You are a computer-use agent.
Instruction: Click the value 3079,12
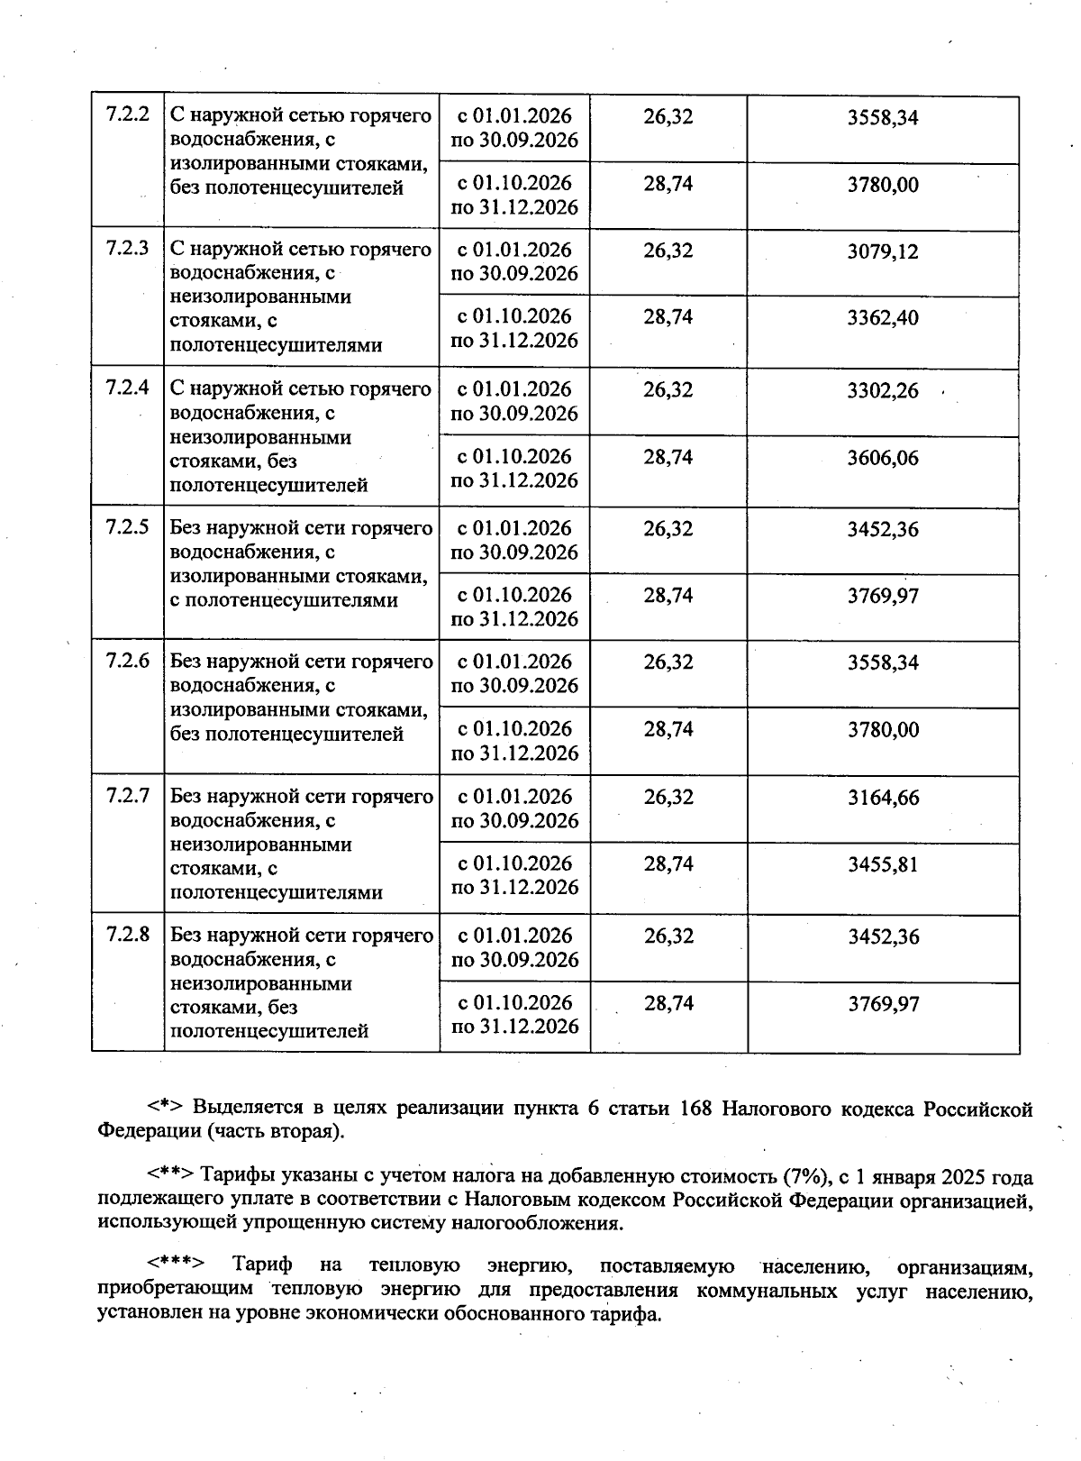883,251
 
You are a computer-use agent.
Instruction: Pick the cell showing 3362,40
883,318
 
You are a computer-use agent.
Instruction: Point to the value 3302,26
883,390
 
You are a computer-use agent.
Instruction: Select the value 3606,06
883,458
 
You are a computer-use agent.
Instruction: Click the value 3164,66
884,798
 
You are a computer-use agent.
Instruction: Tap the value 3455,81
884,865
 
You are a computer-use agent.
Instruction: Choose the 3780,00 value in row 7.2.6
884,730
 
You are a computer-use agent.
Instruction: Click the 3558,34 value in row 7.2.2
883,118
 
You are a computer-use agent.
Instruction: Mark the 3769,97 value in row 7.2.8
884,1004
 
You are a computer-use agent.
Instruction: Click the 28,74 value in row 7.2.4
668,457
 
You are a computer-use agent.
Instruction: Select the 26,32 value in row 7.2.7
668,797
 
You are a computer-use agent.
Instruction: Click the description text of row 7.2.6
301,698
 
